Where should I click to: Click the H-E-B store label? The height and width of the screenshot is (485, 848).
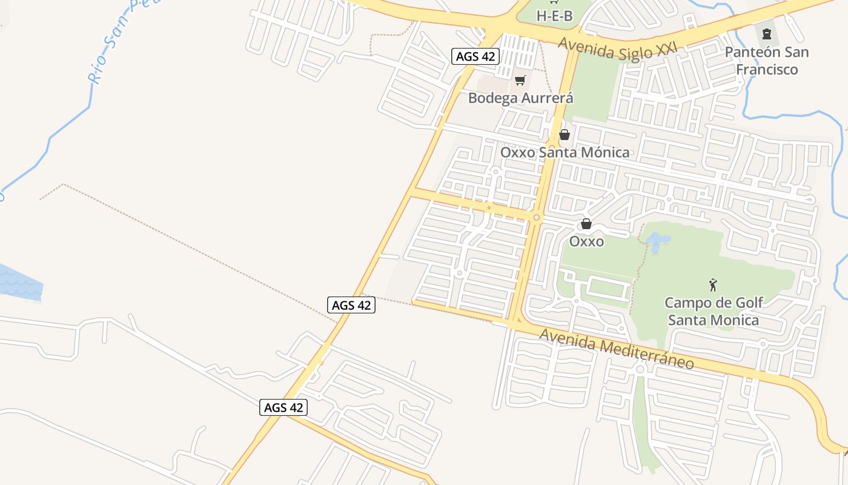[554, 16]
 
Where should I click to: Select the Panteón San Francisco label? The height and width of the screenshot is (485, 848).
[766, 61]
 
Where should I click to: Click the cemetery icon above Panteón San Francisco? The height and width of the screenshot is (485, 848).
[767, 33]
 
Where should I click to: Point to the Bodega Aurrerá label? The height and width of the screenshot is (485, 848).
[521, 98]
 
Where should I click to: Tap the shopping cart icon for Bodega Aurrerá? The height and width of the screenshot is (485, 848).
[520, 81]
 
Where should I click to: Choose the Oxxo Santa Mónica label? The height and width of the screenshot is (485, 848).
[565, 152]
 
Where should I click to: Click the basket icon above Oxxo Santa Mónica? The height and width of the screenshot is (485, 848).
[565, 135]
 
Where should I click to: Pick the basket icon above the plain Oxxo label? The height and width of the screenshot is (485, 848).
[586, 224]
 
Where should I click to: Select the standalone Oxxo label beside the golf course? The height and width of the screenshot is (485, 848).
[586, 241]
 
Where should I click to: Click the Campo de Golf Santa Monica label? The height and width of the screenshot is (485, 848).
[714, 311]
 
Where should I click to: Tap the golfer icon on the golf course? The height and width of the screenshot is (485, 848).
[713, 284]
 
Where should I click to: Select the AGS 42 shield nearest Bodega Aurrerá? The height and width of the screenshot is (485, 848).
[475, 57]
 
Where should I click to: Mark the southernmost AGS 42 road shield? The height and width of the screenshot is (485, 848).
[283, 407]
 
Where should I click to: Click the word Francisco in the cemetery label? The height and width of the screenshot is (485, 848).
[766, 70]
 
